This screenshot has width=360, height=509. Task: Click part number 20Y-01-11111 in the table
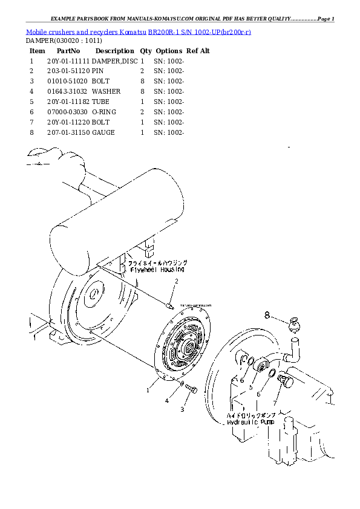click(x=68, y=61)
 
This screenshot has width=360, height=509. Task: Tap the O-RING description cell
click(x=103, y=112)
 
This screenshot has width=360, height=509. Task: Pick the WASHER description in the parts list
click(x=106, y=91)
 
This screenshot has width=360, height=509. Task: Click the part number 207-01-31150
click(x=68, y=132)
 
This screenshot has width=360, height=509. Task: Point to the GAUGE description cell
click(x=103, y=132)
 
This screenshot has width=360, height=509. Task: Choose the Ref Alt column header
click(x=198, y=51)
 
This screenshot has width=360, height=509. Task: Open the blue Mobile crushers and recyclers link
click(x=139, y=31)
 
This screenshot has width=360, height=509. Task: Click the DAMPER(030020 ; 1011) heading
click(x=64, y=41)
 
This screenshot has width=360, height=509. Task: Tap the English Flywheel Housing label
click(x=157, y=270)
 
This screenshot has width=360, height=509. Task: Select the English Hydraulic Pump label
click(x=250, y=422)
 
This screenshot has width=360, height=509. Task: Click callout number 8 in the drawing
click(x=266, y=314)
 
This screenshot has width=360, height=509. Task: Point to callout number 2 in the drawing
click(x=177, y=281)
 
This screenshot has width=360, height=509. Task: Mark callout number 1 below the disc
click(x=147, y=390)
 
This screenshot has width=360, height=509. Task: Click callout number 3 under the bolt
click(x=181, y=409)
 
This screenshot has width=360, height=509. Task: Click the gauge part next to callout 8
click(x=293, y=323)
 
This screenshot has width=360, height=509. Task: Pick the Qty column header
click(x=146, y=51)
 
